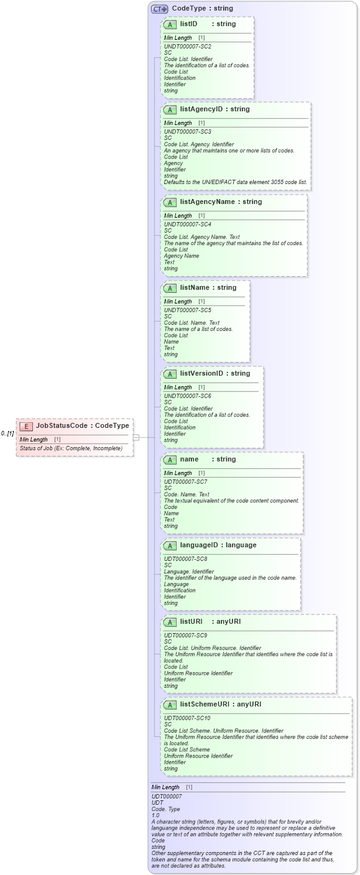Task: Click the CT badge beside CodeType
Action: pos(160,9)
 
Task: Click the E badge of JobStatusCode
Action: pos(26,426)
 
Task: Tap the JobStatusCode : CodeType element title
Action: pos(83,426)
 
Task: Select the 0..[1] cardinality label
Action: pos(7,433)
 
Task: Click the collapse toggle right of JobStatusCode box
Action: pos(136,437)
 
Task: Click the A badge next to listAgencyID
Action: pos(170,109)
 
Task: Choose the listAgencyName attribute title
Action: pos(221,202)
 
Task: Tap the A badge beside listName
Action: pos(170,289)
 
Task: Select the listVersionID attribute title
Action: pos(215,374)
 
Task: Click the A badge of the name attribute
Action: pos(170,460)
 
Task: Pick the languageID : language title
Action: pos(218,545)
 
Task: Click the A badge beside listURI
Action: pos(170,622)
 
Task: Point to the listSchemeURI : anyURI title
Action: pos(220,705)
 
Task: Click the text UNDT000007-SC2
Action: pos(187,47)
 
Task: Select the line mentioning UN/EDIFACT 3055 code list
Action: pos(235,182)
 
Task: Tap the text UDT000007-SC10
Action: pos(187,718)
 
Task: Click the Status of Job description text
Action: pos(71,448)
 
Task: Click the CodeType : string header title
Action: pos(203,9)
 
